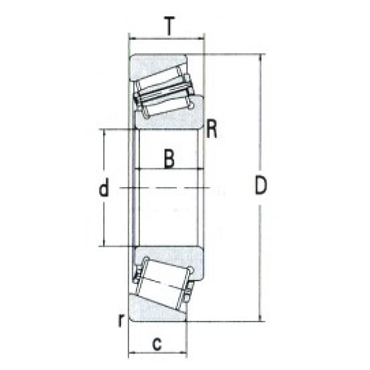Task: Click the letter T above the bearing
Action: (168, 26)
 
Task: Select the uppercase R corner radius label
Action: (211, 127)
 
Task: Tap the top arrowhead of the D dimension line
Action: (260, 58)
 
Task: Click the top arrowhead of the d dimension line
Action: (104, 133)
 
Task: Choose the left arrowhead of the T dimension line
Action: (133, 38)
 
